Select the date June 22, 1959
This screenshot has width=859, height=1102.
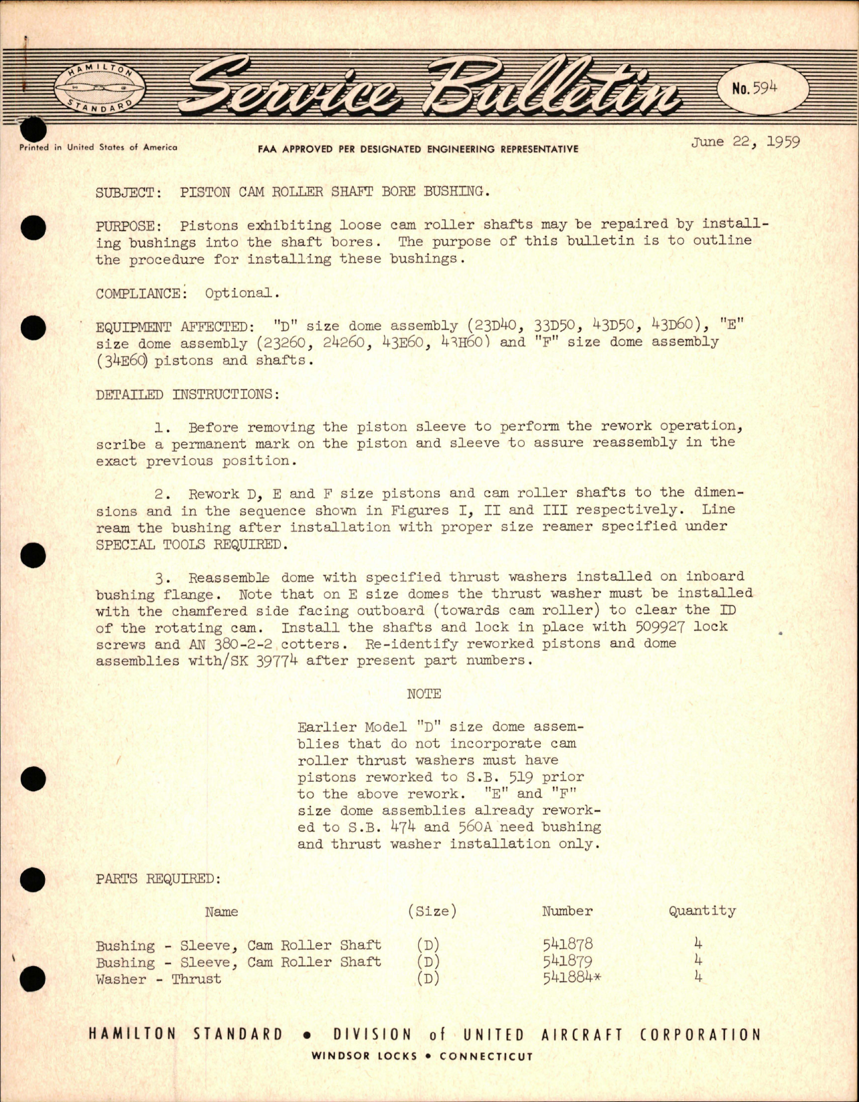coord(746,142)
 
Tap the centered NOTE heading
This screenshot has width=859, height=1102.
coord(423,694)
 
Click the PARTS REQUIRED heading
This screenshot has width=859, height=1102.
coord(157,878)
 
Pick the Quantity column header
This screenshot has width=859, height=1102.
coord(702,911)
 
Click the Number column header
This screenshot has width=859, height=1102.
coord(567,911)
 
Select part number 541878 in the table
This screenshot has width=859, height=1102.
coord(568,945)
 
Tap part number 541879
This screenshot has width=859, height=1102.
coord(568,961)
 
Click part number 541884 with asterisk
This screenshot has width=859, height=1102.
coord(572,978)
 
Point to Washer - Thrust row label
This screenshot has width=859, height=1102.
coord(158,979)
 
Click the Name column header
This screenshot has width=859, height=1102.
coord(221,912)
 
